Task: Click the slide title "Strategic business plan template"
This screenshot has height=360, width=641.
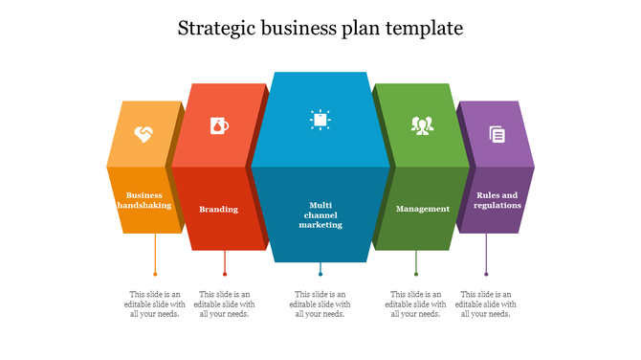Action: pos(320,28)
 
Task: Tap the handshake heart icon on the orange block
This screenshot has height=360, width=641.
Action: pos(143,133)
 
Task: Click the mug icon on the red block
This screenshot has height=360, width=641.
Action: pos(219,124)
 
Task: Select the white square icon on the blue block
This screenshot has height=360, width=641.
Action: pos(320,119)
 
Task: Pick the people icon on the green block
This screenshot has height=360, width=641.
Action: pos(422,124)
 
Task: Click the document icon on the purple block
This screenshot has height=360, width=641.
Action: pos(497,134)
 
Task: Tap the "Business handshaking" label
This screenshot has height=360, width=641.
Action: pos(144,200)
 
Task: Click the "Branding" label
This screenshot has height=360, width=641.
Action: pos(219,209)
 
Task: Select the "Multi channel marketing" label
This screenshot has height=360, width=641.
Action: pos(320,214)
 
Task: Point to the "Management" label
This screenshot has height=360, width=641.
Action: pos(423,209)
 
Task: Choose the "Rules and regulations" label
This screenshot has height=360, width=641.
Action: pos(497,200)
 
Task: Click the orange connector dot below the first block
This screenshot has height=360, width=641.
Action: pos(155,275)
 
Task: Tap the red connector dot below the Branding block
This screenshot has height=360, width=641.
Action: pos(225,275)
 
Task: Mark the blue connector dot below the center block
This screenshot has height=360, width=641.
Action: pos(320,275)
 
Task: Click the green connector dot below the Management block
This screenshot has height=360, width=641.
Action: pos(416,275)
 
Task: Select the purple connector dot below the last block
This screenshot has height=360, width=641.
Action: pos(486,275)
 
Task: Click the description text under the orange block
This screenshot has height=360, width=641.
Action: pos(155,304)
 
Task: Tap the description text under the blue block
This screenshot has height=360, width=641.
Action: pos(320,304)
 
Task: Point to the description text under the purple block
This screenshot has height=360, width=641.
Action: pos(486,304)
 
